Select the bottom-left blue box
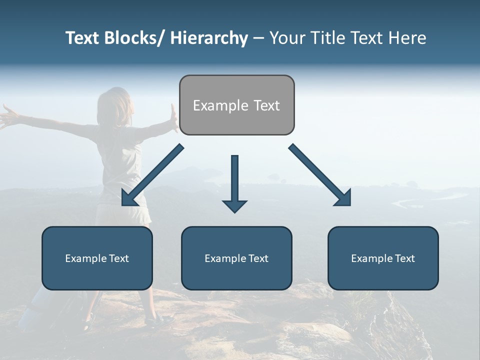coord(97,258)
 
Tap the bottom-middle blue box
coord(236,258)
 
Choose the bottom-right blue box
coord(383,258)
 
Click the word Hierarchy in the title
coord(209,38)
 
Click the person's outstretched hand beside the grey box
coord(173,118)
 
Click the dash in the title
coord(258,38)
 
